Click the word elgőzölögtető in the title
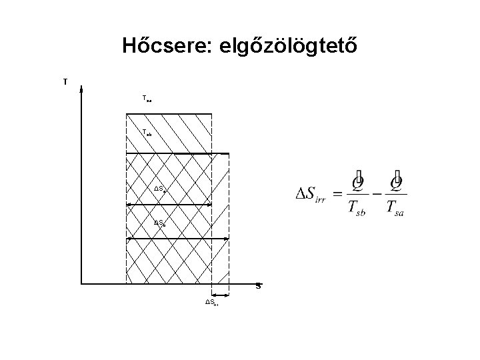pyautogui.click(x=288, y=47)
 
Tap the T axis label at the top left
pyautogui.click(x=65, y=82)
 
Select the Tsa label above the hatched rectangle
pyautogui.click(x=147, y=99)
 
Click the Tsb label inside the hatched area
pyautogui.click(x=147, y=132)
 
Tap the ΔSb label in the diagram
pyautogui.click(x=159, y=222)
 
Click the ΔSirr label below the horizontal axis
pyautogui.click(x=212, y=303)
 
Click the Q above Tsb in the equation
pyautogui.click(x=359, y=181)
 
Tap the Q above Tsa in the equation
pyautogui.click(x=398, y=181)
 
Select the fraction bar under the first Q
pyautogui.click(x=358, y=194)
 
